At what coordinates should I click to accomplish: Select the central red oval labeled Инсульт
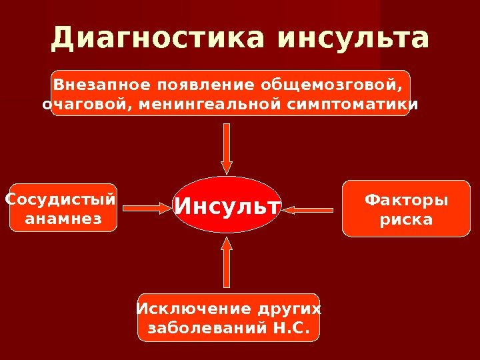tap(227, 205)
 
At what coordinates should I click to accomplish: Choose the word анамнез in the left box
tap(63, 218)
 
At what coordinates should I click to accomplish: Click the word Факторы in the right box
tap(406, 201)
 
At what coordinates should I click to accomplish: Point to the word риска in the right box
tap(406, 219)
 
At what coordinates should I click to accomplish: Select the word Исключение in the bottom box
tap(184, 309)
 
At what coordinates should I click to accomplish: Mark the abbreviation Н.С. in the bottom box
tap(292, 328)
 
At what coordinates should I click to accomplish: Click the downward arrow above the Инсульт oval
tap(227, 149)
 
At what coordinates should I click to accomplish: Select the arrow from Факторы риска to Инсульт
tap(308, 210)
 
